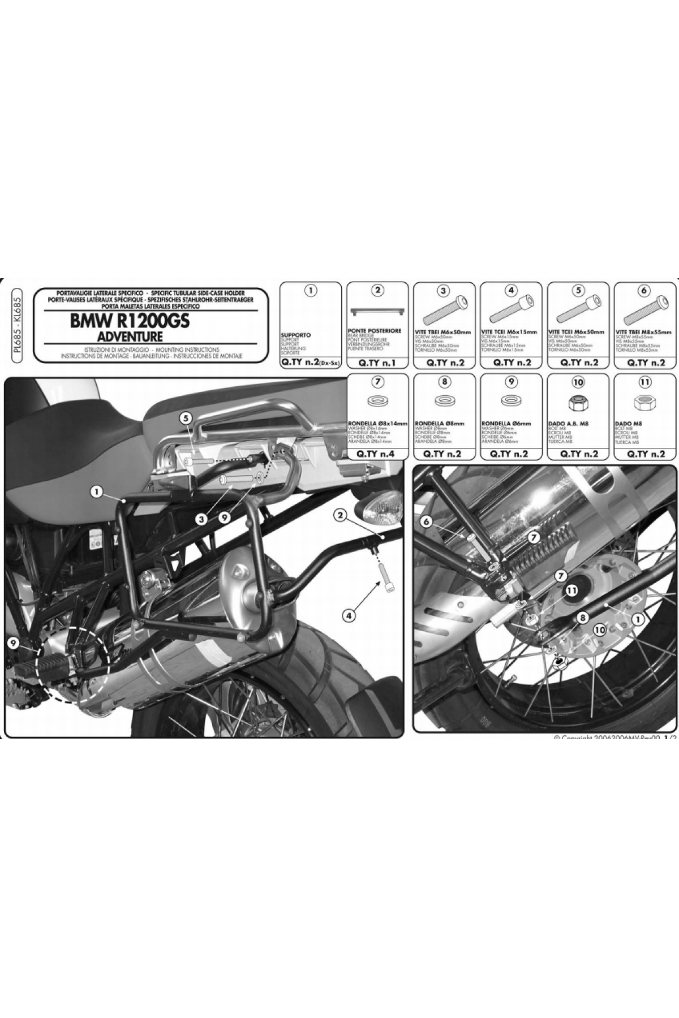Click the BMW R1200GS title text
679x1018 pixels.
coord(130,321)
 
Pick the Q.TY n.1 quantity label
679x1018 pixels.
coord(378,363)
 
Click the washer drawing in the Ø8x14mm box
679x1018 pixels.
coord(377,403)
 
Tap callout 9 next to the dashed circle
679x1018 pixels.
coord(14,642)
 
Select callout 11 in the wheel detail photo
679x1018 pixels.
coord(572,591)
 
